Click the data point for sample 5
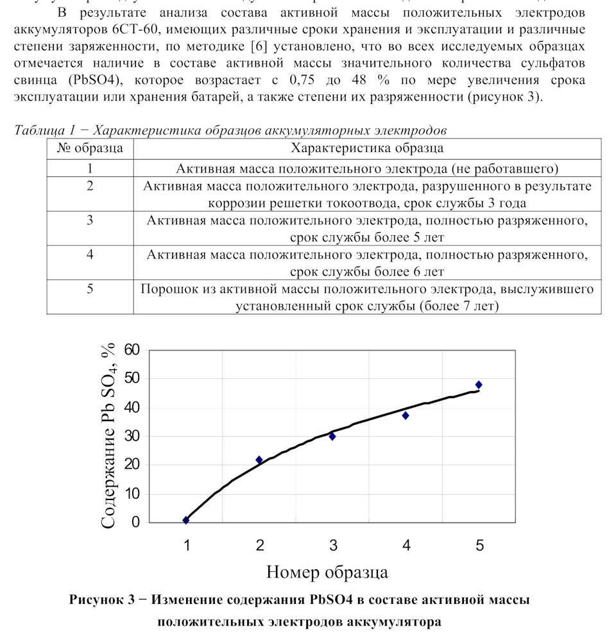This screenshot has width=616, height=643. click(x=479, y=385)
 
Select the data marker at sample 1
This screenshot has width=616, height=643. click(x=186, y=520)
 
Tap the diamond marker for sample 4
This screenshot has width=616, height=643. click(x=406, y=415)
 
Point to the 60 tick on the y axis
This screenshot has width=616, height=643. click(x=132, y=350)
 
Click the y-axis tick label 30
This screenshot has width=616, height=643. click(x=132, y=436)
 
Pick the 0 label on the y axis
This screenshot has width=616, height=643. click(x=135, y=522)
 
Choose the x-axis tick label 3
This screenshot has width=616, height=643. click(x=333, y=546)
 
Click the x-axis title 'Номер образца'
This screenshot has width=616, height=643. click(x=327, y=571)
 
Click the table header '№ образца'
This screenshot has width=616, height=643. click(x=90, y=149)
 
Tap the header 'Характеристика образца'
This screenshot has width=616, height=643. click(x=367, y=149)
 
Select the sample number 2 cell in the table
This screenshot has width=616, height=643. click(x=90, y=186)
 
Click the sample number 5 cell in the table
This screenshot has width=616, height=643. click(x=90, y=288)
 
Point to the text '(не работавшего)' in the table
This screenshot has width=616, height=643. click(x=504, y=169)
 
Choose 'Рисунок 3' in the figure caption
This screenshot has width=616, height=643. click(x=101, y=601)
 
